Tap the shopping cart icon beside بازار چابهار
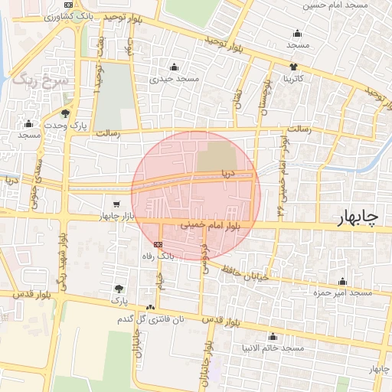click(x=116, y=204)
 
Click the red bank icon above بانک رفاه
click(x=158, y=244)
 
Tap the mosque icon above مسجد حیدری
click(x=175, y=67)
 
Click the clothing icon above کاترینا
click(x=293, y=67)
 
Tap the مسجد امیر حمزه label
click(x=341, y=292)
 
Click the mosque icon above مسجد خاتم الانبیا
click(x=273, y=336)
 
